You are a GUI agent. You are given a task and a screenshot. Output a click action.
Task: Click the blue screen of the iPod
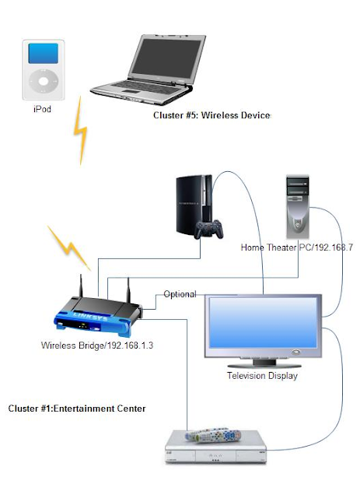point(44,54)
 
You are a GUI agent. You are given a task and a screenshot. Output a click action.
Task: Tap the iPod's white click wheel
point(44,81)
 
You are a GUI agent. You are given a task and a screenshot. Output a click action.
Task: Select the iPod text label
point(42,109)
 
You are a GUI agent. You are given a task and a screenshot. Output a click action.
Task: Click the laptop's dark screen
point(166,59)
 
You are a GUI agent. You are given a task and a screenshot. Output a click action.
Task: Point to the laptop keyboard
point(147,87)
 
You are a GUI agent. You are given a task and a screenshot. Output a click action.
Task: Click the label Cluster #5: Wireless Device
point(211,115)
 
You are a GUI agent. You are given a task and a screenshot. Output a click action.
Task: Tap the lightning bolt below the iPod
point(80,131)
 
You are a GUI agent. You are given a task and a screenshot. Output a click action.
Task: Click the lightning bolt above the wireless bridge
point(69,248)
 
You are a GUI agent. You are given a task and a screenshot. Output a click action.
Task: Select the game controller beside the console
point(209,230)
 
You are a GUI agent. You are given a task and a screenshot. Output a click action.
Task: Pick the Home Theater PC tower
point(298,206)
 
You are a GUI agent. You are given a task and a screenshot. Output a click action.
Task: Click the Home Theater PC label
point(297,247)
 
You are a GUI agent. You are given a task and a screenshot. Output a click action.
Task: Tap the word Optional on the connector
point(180,294)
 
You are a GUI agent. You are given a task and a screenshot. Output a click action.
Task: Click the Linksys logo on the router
point(90,317)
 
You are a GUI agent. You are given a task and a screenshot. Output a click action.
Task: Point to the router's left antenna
point(81,286)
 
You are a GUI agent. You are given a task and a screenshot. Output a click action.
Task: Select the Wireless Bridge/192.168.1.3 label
point(97,345)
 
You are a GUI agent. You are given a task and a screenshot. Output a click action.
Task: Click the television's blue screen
point(263,322)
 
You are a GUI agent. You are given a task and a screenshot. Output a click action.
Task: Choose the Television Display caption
point(262,376)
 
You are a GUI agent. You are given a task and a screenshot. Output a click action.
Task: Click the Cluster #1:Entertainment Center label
point(77,409)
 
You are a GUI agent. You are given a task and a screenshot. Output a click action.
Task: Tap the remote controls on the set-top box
point(213,436)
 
